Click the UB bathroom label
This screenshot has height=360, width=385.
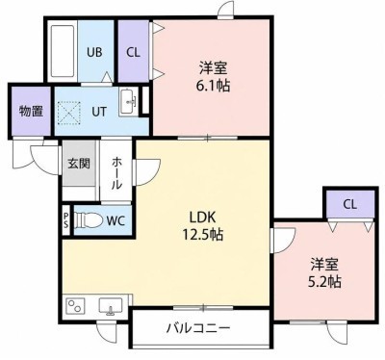(x=94, y=52)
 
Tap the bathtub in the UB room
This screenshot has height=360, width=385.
(x=63, y=51)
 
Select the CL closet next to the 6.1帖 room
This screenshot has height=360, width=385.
(x=134, y=51)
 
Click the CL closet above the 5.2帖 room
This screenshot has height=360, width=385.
(x=350, y=204)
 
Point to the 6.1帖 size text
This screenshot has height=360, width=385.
(x=213, y=86)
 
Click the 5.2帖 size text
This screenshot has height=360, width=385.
(x=324, y=282)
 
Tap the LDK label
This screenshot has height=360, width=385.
(x=202, y=218)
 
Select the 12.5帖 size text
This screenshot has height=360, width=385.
(x=203, y=235)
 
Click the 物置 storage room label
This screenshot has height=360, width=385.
(x=32, y=112)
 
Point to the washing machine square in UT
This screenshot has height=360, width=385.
(x=69, y=113)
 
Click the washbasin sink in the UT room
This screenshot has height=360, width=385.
(x=128, y=102)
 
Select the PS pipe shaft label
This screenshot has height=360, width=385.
(x=65, y=220)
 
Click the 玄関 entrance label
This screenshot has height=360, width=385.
(x=79, y=164)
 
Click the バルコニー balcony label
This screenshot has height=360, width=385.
(x=198, y=328)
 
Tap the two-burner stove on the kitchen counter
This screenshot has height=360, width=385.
(x=75, y=305)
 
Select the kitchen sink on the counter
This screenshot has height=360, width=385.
(x=111, y=305)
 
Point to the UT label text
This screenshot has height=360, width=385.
(x=99, y=112)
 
